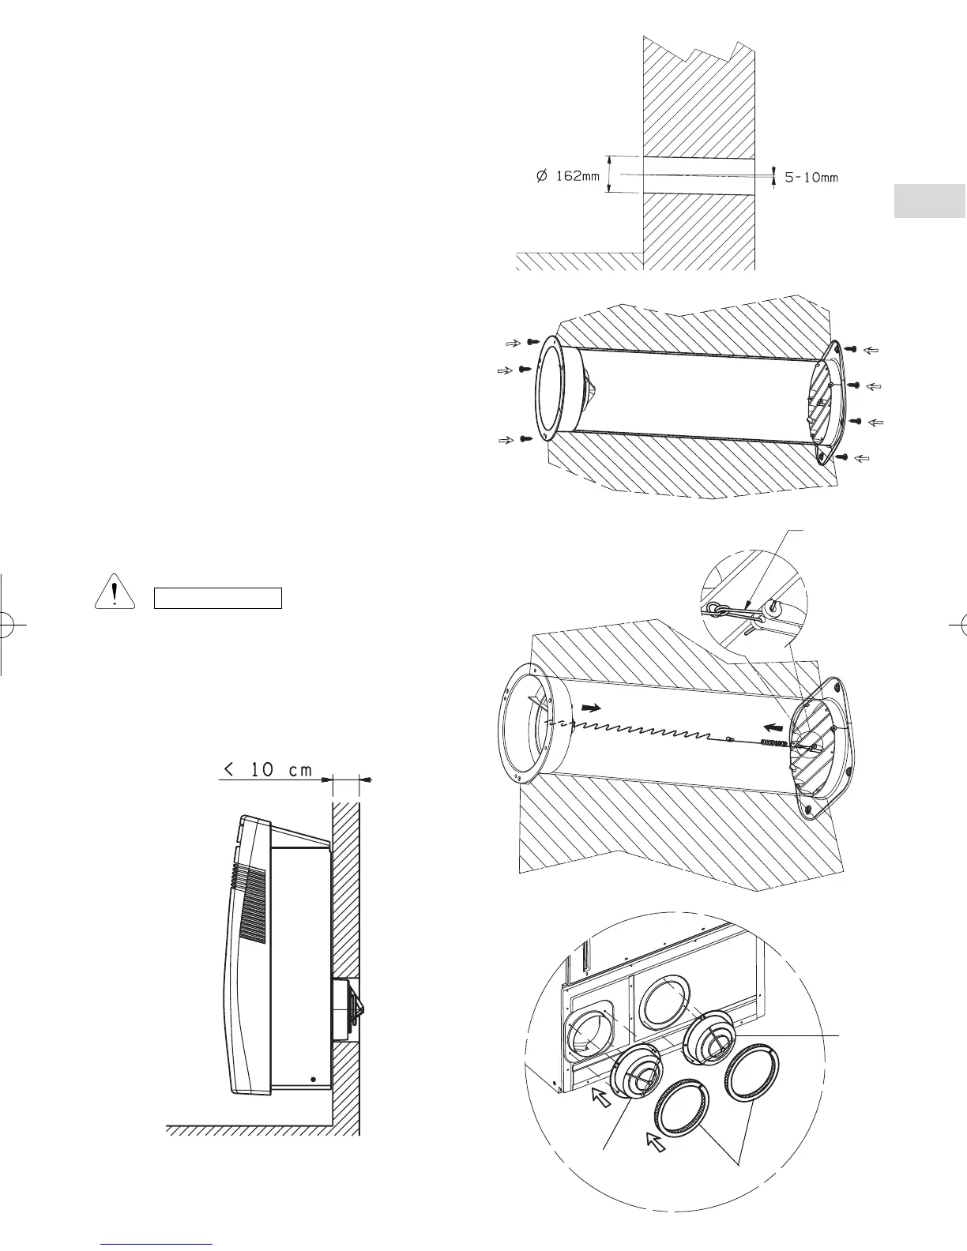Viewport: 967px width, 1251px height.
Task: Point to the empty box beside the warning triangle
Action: tap(217, 598)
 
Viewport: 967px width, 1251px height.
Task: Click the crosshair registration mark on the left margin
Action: tap(8, 624)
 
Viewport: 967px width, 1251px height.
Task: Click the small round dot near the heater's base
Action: tap(314, 1079)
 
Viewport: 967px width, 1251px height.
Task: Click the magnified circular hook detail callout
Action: tap(753, 608)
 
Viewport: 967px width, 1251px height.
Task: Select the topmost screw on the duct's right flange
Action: tap(852, 348)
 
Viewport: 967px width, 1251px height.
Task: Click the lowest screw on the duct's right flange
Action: tap(843, 457)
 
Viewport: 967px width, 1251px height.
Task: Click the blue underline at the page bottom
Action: tap(158, 1244)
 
